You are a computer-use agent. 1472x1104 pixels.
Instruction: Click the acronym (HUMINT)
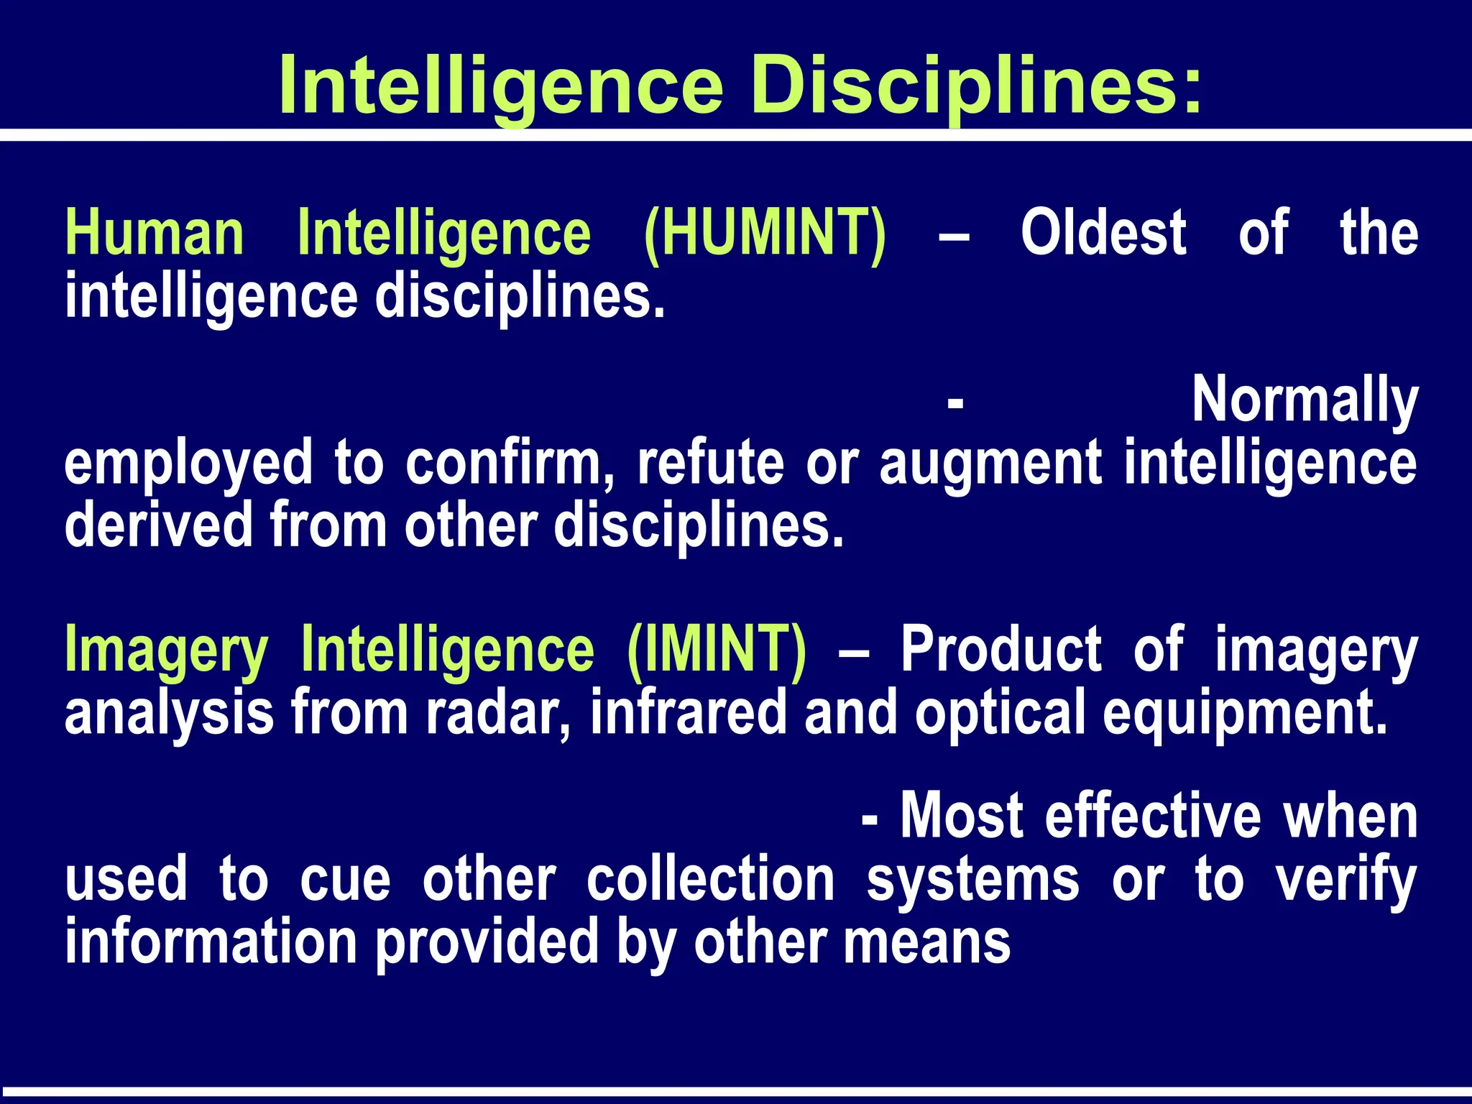[x=765, y=233]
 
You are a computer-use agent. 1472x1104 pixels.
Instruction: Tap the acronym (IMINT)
[x=717, y=650]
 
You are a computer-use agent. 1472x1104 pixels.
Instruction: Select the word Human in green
[x=155, y=233]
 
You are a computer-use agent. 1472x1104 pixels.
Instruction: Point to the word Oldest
[x=1103, y=233]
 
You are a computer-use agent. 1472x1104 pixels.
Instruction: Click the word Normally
[x=1305, y=401]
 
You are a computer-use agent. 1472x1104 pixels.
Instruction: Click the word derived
[x=159, y=525]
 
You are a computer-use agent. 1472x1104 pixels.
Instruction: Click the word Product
[x=1000, y=650]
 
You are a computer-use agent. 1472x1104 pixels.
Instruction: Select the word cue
[x=345, y=880]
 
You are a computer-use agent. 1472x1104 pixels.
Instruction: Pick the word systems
[x=972, y=881]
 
